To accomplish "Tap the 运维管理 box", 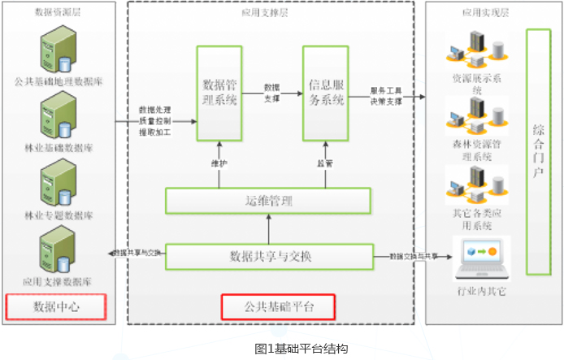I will [x=268, y=200].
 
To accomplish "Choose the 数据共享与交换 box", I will [x=268, y=257].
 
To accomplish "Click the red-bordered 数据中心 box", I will [x=56, y=307].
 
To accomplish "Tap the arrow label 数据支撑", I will [x=271, y=91].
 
